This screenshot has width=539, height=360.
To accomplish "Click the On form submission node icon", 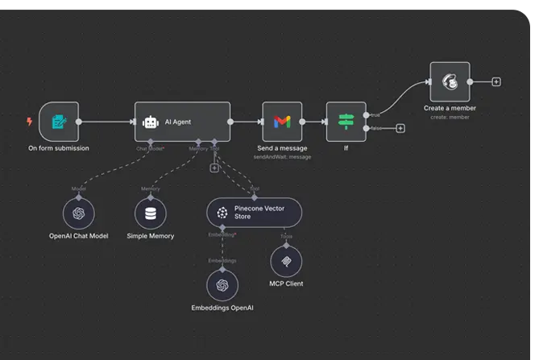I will pos(59,122).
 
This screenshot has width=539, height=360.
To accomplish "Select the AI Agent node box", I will pos(182,122).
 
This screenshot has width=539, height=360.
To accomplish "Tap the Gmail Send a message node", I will pos(282,122).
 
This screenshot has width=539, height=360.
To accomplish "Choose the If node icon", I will pos(346,122).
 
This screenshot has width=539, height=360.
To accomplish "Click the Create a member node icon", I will pos(450,82).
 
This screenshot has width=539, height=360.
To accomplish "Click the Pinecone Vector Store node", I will pos(255,213).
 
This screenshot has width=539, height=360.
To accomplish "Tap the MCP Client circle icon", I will pos(286,261).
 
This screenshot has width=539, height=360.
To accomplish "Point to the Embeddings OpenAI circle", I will pos(222,285).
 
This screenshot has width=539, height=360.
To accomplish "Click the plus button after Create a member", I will pos(496,81).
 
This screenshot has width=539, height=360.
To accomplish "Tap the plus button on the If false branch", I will pos(400,128).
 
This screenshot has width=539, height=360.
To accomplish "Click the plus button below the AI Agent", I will pos(214,168).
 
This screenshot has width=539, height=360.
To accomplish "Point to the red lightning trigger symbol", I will pos(30,122).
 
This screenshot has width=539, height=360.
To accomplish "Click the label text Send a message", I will pos(282,149).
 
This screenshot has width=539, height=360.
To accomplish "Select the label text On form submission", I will pos(59,149).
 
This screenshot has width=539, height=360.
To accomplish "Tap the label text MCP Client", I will pos(286,283).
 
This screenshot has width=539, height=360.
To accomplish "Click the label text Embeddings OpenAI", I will pos(222,308).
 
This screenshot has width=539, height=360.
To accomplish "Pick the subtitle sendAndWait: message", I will pos(282,157).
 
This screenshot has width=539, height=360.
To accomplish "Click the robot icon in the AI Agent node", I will pos(151,122).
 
